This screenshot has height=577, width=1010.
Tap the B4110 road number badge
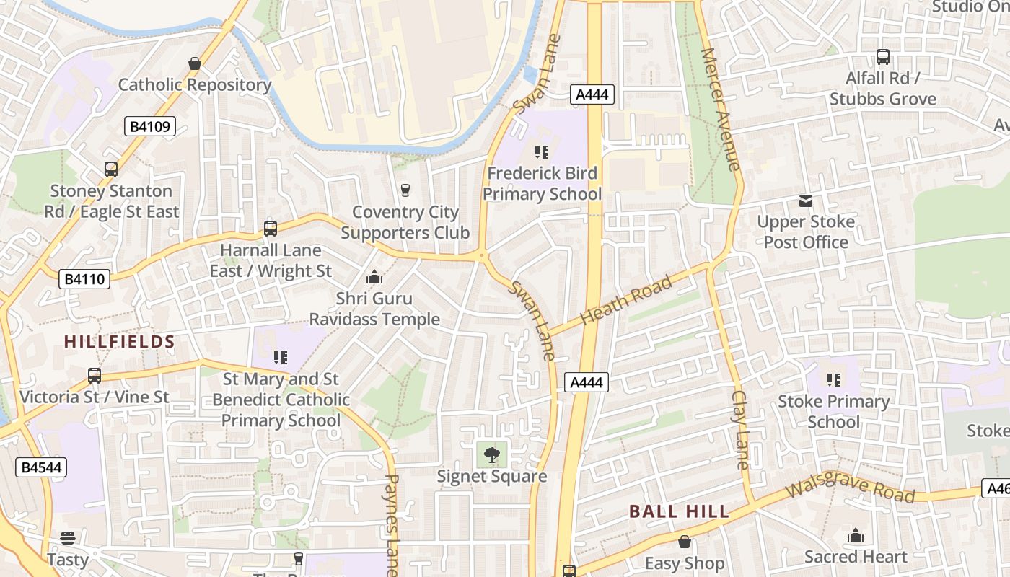click(x=84, y=279)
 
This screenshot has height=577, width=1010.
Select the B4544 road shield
click(x=41, y=467)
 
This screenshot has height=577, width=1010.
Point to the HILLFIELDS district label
click(x=120, y=342)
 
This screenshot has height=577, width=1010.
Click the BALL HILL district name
click(x=679, y=512)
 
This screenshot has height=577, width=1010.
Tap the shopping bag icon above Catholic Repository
click(x=194, y=64)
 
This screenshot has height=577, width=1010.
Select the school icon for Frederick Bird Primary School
click(x=542, y=152)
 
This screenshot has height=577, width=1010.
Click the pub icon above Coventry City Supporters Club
click(x=405, y=190)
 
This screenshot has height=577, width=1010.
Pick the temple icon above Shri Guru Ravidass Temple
click(x=374, y=277)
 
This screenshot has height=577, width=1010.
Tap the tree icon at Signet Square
click(x=492, y=455)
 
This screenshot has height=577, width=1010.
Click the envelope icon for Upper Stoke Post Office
click(x=806, y=201)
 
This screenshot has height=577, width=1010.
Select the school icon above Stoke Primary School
click(x=834, y=380)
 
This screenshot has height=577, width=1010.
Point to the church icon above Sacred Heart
click(x=856, y=535)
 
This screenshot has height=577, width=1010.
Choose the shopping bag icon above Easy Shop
click(x=685, y=542)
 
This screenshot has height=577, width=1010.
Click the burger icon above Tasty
click(x=68, y=538)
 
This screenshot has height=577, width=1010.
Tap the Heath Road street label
click(x=626, y=299)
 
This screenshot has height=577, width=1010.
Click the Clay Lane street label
click(x=741, y=430)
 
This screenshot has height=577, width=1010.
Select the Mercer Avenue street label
click(x=720, y=109)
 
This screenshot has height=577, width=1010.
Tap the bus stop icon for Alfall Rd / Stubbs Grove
click(x=882, y=57)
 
